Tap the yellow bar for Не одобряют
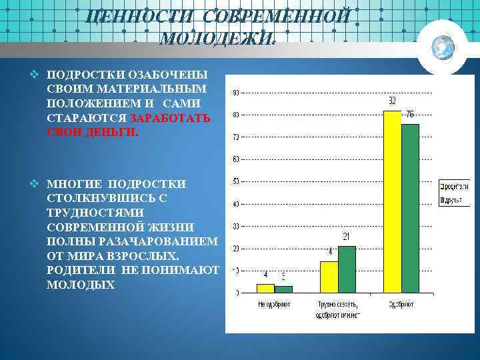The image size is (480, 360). pos(265,288)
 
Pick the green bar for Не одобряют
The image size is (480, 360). pos(283,289)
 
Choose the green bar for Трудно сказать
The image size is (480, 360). pos(347,269)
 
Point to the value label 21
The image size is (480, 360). pos(346,237)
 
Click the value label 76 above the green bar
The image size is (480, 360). pos(410,115)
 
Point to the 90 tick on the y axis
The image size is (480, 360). pos(236,93)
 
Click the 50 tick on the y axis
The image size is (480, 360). pos(236,181)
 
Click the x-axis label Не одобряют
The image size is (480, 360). pos(273,304)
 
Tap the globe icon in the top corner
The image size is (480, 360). pos(442,46)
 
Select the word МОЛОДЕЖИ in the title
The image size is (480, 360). pos(216,37)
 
